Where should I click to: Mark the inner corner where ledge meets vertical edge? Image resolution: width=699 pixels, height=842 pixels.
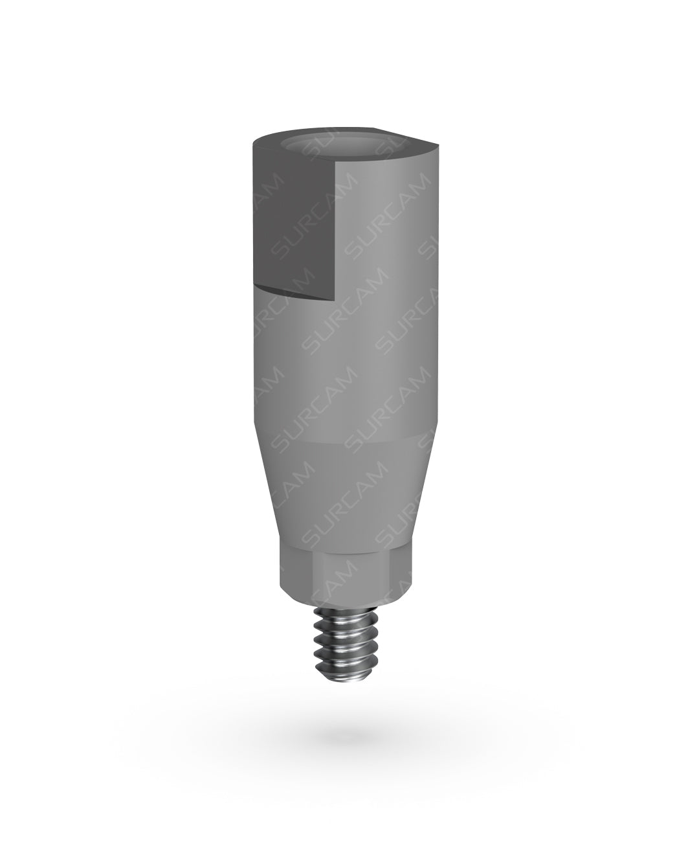pos(336,299)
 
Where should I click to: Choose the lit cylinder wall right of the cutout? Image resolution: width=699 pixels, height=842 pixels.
pos(382,259)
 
